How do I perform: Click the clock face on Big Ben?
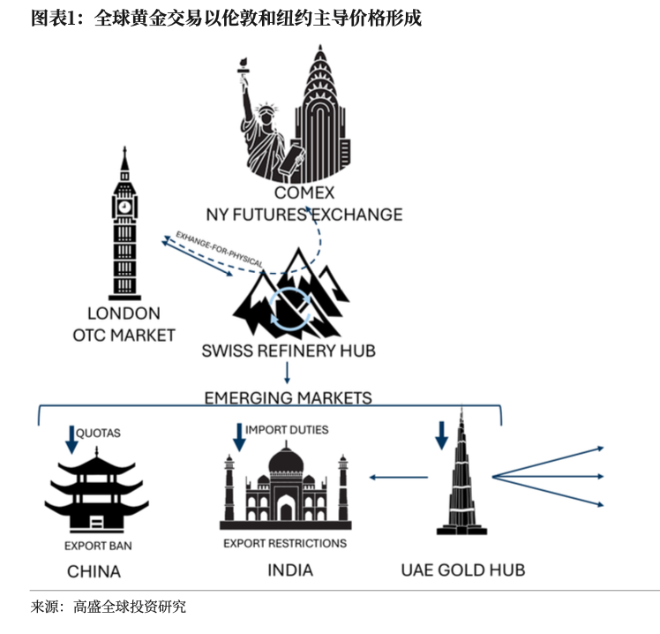click(x=124, y=207)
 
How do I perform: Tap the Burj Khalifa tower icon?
click(x=461, y=477)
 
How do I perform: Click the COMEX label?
click(x=304, y=193)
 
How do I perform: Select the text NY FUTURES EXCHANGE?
click(x=304, y=215)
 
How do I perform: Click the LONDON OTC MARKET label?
click(x=124, y=324)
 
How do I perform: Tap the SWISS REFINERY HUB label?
click(x=289, y=351)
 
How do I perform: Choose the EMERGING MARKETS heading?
click(x=288, y=397)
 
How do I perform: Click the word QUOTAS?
click(x=98, y=434)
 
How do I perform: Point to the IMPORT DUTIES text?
click(x=287, y=430)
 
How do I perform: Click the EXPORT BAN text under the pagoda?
click(x=98, y=546)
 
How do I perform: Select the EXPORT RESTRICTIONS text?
click(x=285, y=543)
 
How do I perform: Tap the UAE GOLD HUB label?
click(x=462, y=570)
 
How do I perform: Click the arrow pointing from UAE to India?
click(x=398, y=478)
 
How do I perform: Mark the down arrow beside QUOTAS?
click(x=71, y=439)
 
